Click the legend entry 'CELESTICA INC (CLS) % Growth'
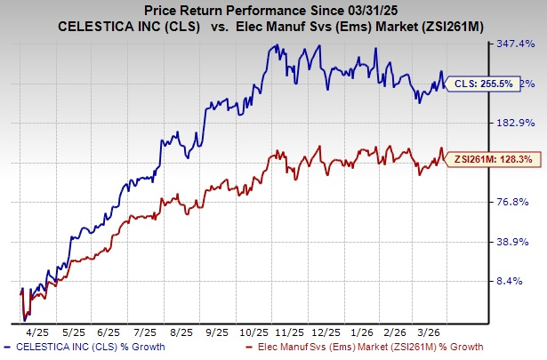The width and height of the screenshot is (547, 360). (x=84, y=348)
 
